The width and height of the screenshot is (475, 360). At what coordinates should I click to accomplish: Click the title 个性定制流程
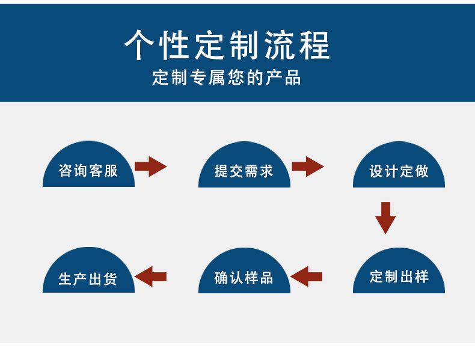227,46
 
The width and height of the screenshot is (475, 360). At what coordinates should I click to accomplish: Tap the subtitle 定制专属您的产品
227,78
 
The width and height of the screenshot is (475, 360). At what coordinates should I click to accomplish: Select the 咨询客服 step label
88,171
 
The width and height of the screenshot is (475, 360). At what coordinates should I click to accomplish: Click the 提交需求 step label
244,171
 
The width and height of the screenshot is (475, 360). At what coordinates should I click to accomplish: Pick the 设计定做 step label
399,171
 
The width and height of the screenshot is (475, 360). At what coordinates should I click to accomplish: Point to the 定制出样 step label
399,277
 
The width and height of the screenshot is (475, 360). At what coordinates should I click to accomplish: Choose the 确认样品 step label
244,278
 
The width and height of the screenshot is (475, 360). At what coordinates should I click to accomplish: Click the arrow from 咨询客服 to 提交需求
150,166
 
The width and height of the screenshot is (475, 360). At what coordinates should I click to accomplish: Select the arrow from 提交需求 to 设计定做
307,166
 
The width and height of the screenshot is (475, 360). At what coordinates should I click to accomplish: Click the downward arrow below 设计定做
385,217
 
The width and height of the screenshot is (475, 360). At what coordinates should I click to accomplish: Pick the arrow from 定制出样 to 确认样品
306,276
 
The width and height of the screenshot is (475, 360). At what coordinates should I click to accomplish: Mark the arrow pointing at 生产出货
150,276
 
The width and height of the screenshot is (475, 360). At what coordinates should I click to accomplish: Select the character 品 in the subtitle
293,78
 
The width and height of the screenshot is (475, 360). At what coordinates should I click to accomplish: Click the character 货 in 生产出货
110,279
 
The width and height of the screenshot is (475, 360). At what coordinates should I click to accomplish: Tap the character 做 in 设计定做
421,171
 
